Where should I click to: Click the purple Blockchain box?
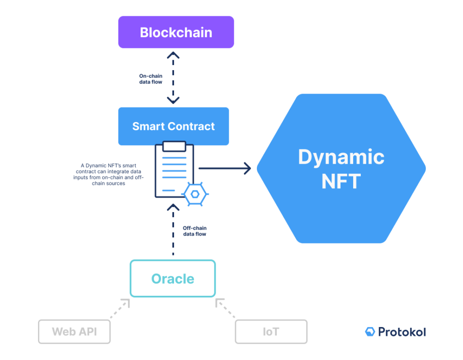click(176, 32)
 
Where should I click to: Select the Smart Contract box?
click(174, 126)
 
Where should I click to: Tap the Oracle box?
click(173, 279)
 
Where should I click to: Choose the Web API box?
click(74, 332)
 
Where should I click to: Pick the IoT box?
click(271, 332)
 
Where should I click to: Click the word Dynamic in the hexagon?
click(341, 157)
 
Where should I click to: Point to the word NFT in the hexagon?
click(341, 181)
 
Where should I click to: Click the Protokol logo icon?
click(370, 332)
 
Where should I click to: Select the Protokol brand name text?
click(402, 332)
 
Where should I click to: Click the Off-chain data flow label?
click(195, 231)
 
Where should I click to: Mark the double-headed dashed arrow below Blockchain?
click(173, 77)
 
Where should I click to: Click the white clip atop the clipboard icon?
click(174, 146)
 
